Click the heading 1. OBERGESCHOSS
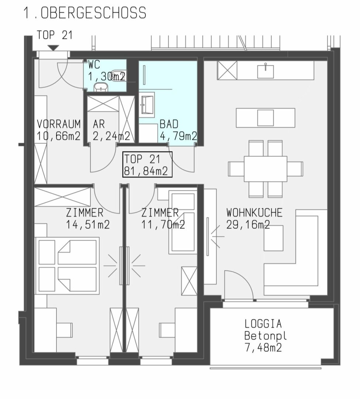[85, 13]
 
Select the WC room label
[94, 65]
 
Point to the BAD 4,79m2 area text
[178, 130]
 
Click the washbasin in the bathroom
[147, 105]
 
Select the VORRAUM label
[59, 124]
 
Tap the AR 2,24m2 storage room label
[112, 130]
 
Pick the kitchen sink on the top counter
[265, 71]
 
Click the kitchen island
[265, 117]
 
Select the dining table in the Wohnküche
[265, 169]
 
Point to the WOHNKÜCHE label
[254, 212]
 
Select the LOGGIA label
[263, 324]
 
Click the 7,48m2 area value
[263, 347]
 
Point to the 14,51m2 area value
[88, 225]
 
